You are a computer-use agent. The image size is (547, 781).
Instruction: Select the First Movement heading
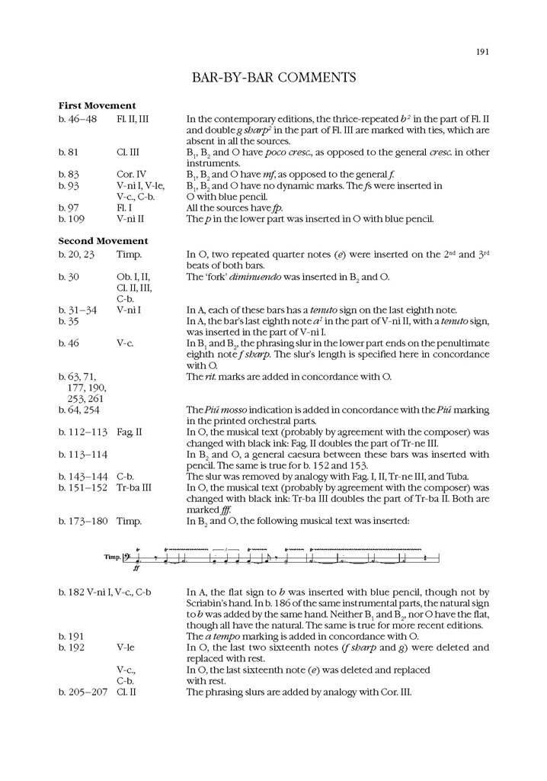97,105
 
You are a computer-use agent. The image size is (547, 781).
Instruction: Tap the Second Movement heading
102,240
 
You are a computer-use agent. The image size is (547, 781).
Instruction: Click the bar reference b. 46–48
78,119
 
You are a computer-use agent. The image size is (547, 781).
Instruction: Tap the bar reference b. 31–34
78,310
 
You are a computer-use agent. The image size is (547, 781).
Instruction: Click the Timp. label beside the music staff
114,558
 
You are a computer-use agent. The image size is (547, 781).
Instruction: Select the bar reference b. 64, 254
78,410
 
